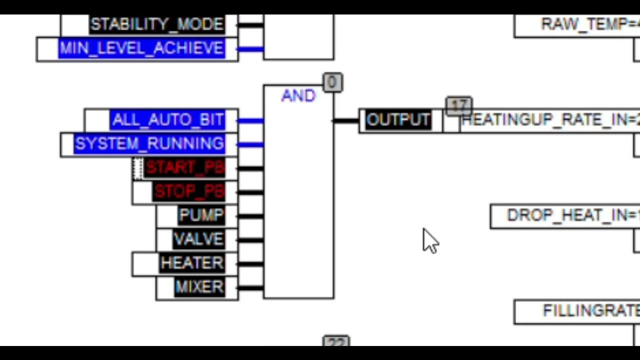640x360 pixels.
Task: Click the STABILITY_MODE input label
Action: pyautogui.click(x=156, y=24)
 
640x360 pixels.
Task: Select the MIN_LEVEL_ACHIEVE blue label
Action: pyautogui.click(x=141, y=48)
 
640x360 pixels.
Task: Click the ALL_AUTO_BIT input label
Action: pyautogui.click(x=167, y=120)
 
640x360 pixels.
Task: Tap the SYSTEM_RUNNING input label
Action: pyautogui.click(x=149, y=144)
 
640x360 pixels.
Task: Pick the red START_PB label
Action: pyautogui.click(x=184, y=168)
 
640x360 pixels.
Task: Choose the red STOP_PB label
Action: pyautogui.click(x=188, y=191)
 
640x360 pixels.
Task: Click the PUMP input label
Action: pyautogui.click(x=201, y=215)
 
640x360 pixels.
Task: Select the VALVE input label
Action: pyautogui.click(x=198, y=239)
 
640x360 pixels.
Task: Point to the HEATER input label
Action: pyautogui.click(x=192, y=263)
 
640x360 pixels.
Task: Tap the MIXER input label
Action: pyautogui.click(x=199, y=287)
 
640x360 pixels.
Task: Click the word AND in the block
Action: pyautogui.click(x=298, y=96)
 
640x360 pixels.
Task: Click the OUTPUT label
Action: pyautogui.click(x=398, y=120)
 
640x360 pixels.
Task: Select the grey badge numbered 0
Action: pyautogui.click(x=332, y=82)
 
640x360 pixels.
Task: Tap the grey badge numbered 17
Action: pyautogui.click(x=458, y=105)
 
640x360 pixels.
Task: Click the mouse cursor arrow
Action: pyautogui.click(x=430, y=241)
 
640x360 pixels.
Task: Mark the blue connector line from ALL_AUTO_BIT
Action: pyautogui.click(x=250, y=120)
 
